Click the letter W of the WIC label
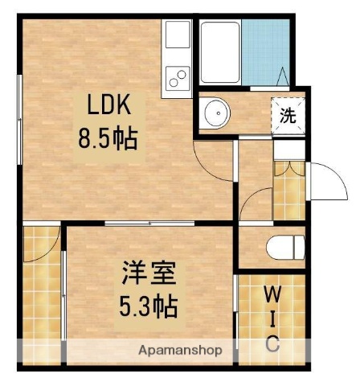(x=273, y=294)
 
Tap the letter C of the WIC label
(x=273, y=343)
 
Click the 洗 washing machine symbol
(x=288, y=114)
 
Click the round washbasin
(x=215, y=114)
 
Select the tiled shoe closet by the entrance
(x=288, y=191)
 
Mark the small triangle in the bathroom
(x=282, y=76)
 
